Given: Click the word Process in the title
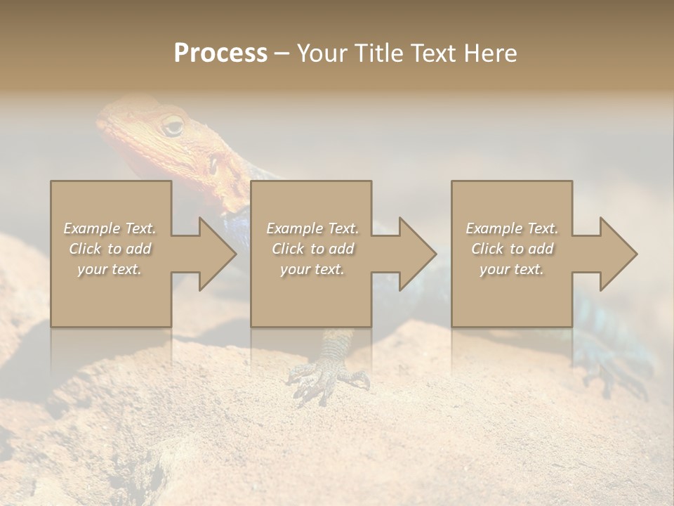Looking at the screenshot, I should tap(220, 53).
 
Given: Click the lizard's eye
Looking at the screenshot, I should tap(172, 126).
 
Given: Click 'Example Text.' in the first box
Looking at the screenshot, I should tap(110, 228).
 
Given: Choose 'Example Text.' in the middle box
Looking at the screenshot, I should tap(312, 228).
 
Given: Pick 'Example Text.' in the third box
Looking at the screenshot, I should tap(512, 228).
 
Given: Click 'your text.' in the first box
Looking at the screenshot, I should tap(110, 269).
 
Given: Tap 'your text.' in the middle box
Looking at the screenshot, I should tap(312, 269).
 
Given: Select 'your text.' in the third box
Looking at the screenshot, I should tap(512, 269).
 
